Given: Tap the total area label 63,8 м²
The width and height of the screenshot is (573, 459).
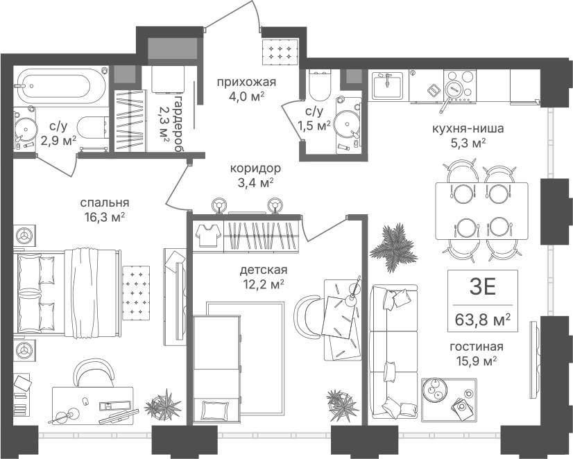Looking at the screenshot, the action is point(482,320).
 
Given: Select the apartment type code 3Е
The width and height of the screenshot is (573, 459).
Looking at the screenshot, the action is point(482,286).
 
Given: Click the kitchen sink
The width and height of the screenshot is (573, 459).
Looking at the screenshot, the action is point(387,86).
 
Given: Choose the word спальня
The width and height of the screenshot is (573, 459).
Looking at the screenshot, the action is point(105,202).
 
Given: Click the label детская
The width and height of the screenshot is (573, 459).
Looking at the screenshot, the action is point(264,270).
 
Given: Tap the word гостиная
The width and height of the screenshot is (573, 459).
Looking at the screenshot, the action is point(477,347).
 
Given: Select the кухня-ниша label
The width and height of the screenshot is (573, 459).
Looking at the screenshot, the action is point(468,128).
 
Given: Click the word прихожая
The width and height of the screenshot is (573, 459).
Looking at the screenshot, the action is point(246,82).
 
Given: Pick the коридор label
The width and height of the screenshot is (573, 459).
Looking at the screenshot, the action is point(255,168).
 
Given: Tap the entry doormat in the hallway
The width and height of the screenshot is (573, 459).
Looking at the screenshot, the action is point(281,51).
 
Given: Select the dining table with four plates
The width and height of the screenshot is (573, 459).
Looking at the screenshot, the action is point(481,211).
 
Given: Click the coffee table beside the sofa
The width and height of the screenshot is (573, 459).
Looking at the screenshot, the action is point(449,400).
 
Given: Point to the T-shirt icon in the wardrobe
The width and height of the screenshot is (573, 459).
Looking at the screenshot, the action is point(208,235).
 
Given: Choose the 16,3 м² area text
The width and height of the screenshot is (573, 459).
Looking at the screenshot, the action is point(105,217).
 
